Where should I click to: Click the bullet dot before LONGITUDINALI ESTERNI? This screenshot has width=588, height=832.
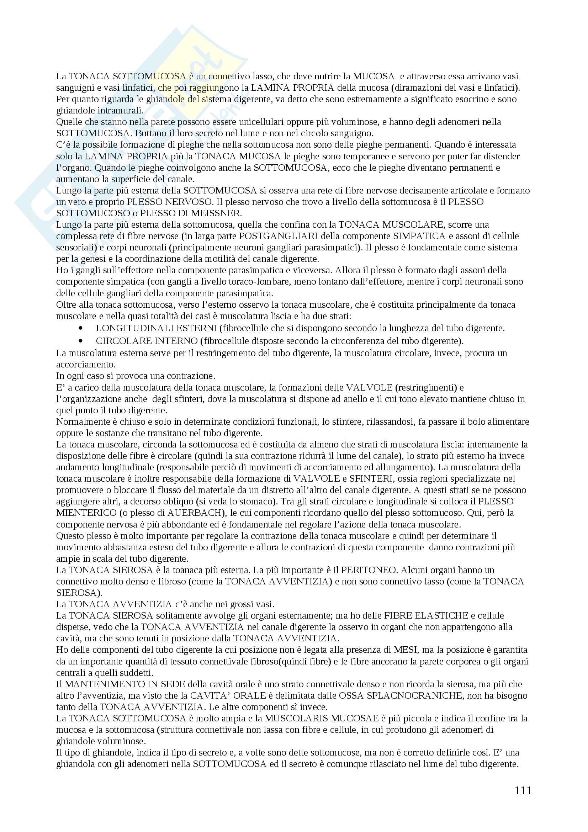[80, 328]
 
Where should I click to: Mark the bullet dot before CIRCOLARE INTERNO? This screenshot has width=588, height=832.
[80, 341]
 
